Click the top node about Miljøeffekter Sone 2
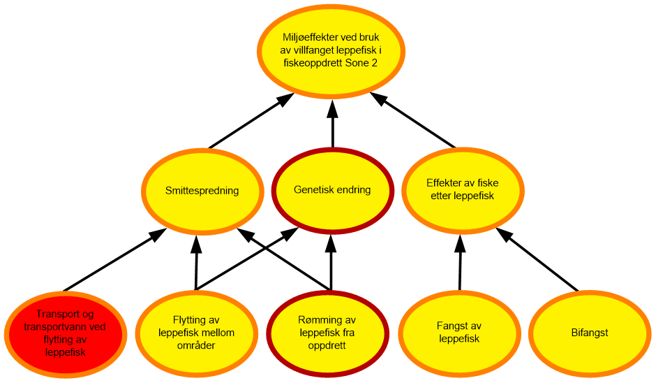click(x=331, y=51)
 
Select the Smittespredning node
click(x=202, y=191)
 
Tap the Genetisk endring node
click(x=333, y=190)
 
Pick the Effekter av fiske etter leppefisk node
click(x=463, y=190)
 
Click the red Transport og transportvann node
click(x=66, y=334)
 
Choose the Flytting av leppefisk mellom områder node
click(x=196, y=333)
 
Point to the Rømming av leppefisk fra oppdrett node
click(x=327, y=333)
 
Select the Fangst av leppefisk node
click(x=459, y=333)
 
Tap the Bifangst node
click(x=590, y=333)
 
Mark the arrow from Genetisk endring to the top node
click(x=333, y=124)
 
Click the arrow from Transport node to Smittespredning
click(x=114, y=260)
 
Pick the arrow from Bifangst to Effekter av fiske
click(x=537, y=259)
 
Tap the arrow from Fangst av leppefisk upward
click(x=460, y=262)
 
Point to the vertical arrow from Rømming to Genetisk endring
click(x=331, y=262)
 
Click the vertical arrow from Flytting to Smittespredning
click(x=196, y=262)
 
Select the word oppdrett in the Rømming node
click(x=327, y=346)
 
